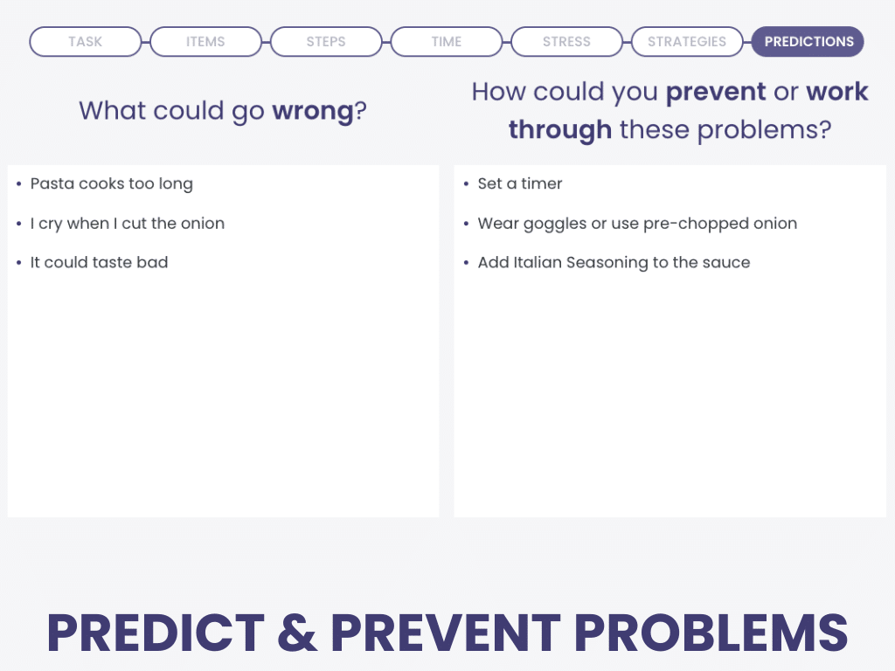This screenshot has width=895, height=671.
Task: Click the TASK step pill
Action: (85, 42)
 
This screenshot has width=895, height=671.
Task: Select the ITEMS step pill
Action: (205, 42)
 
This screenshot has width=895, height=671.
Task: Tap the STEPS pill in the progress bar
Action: (326, 42)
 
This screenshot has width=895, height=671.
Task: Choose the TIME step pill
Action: (447, 42)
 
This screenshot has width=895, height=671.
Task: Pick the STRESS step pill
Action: (566, 42)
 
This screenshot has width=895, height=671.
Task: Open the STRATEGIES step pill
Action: (687, 42)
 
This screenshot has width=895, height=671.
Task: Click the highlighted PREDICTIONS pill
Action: (808, 42)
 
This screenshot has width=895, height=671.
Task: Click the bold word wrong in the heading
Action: (313, 112)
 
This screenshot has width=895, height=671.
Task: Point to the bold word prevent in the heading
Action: (716, 92)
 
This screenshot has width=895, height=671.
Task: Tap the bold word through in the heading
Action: (560, 130)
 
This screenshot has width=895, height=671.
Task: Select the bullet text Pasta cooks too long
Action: (112, 184)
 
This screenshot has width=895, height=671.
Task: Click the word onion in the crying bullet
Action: (203, 223)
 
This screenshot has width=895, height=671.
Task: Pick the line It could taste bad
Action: (100, 262)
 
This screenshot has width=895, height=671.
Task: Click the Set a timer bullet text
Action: (520, 183)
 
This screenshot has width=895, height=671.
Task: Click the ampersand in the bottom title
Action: (297, 633)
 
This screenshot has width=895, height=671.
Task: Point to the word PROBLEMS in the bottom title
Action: (711, 633)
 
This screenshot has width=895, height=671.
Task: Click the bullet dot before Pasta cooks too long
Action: (19, 183)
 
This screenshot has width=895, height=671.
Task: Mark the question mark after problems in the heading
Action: (825, 130)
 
